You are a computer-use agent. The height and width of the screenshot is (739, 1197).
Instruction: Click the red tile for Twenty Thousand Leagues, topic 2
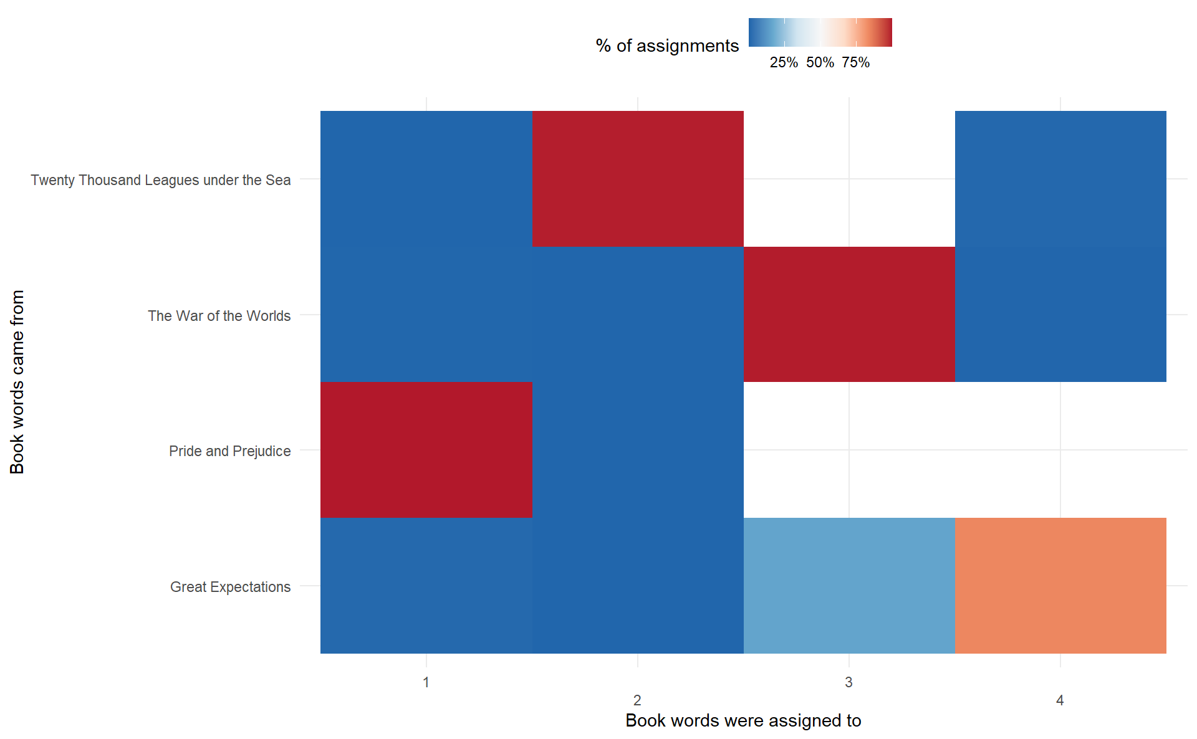point(637,179)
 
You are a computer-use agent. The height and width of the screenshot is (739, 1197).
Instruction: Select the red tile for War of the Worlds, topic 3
point(848,314)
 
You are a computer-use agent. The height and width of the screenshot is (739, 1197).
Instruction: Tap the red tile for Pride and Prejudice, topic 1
point(426,450)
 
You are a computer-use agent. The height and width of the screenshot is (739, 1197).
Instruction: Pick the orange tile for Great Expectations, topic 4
point(1060,585)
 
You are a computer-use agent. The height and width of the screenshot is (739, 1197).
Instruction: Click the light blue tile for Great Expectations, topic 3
point(848,585)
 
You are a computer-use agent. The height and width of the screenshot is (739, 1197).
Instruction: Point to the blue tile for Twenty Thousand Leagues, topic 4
point(1060,179)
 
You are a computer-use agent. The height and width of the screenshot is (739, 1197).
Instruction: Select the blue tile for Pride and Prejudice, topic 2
point(637,450)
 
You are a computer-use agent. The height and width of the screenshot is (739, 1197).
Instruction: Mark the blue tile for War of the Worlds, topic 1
point(426,314)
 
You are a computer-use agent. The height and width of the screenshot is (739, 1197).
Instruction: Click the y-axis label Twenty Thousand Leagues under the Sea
point(160,180)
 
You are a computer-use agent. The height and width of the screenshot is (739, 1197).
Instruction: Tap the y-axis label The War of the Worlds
point(219,316)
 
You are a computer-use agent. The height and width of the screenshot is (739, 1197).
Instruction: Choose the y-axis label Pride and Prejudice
point(229,451)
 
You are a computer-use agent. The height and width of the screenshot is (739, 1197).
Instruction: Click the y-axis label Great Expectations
point(230,587)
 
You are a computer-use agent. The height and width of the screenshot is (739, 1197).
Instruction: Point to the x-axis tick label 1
point(426,682)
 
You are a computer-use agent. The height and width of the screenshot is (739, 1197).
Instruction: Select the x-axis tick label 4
point(1060,700)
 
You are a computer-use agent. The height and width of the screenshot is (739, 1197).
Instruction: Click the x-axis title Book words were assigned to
point(743,720)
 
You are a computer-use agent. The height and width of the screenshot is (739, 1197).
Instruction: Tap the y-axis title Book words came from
point(17,381)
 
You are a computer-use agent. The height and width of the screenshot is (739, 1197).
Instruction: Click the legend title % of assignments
point(666,45)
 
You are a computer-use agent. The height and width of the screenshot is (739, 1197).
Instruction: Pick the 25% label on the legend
point(784,62)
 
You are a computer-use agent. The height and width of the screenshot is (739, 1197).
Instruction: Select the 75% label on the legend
point(855,62)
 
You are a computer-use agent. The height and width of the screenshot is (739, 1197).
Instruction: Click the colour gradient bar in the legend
point(820,32)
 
